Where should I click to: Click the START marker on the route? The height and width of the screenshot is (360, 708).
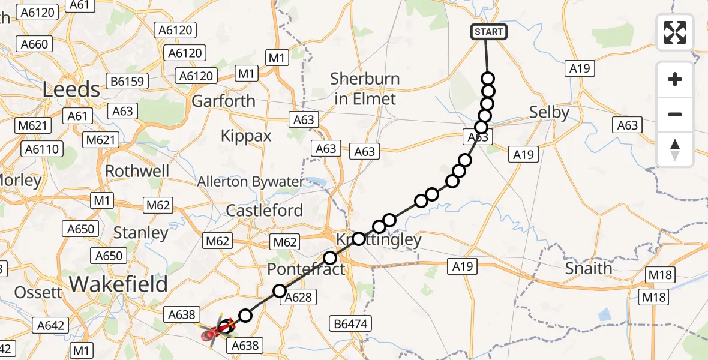pos(488,32)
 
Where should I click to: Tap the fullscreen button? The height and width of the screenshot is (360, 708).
pos(675,32)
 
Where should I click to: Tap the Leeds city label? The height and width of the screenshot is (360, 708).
pos(71,89)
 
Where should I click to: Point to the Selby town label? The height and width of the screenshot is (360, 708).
pos(548,112)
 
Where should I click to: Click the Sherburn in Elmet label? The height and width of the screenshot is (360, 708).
pos(364,88)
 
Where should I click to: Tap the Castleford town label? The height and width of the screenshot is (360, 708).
pos(265,211)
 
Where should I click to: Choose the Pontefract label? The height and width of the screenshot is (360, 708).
pos(306,268)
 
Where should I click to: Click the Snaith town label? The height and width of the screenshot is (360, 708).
pos(589,268)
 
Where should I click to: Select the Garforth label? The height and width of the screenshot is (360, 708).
pos(223,101)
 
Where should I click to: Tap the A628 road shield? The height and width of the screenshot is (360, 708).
pos(297,296)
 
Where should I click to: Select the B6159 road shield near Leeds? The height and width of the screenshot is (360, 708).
pos(127,80)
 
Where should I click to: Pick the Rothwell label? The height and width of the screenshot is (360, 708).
pos(137,171)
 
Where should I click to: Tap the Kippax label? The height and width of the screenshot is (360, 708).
pos(246,136)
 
